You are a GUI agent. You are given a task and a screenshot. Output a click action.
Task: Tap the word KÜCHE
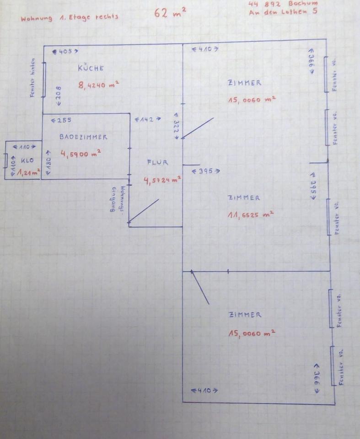pos(91,68)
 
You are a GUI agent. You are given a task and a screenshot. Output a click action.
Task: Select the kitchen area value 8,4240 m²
pos(99,85)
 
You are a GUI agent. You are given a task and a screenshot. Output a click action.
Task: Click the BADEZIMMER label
pos(83,137)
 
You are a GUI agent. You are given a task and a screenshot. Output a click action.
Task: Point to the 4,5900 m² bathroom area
pos(81,154)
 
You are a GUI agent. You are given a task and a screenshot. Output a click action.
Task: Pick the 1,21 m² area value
pos(28,172)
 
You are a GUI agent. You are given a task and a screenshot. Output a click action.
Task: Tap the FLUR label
pos(157,162)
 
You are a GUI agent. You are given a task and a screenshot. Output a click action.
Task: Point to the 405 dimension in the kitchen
pos(65,52)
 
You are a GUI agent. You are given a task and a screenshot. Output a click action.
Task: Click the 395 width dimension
pos(205,171)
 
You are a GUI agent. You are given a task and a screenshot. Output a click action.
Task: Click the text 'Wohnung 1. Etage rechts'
pos(69,18)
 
